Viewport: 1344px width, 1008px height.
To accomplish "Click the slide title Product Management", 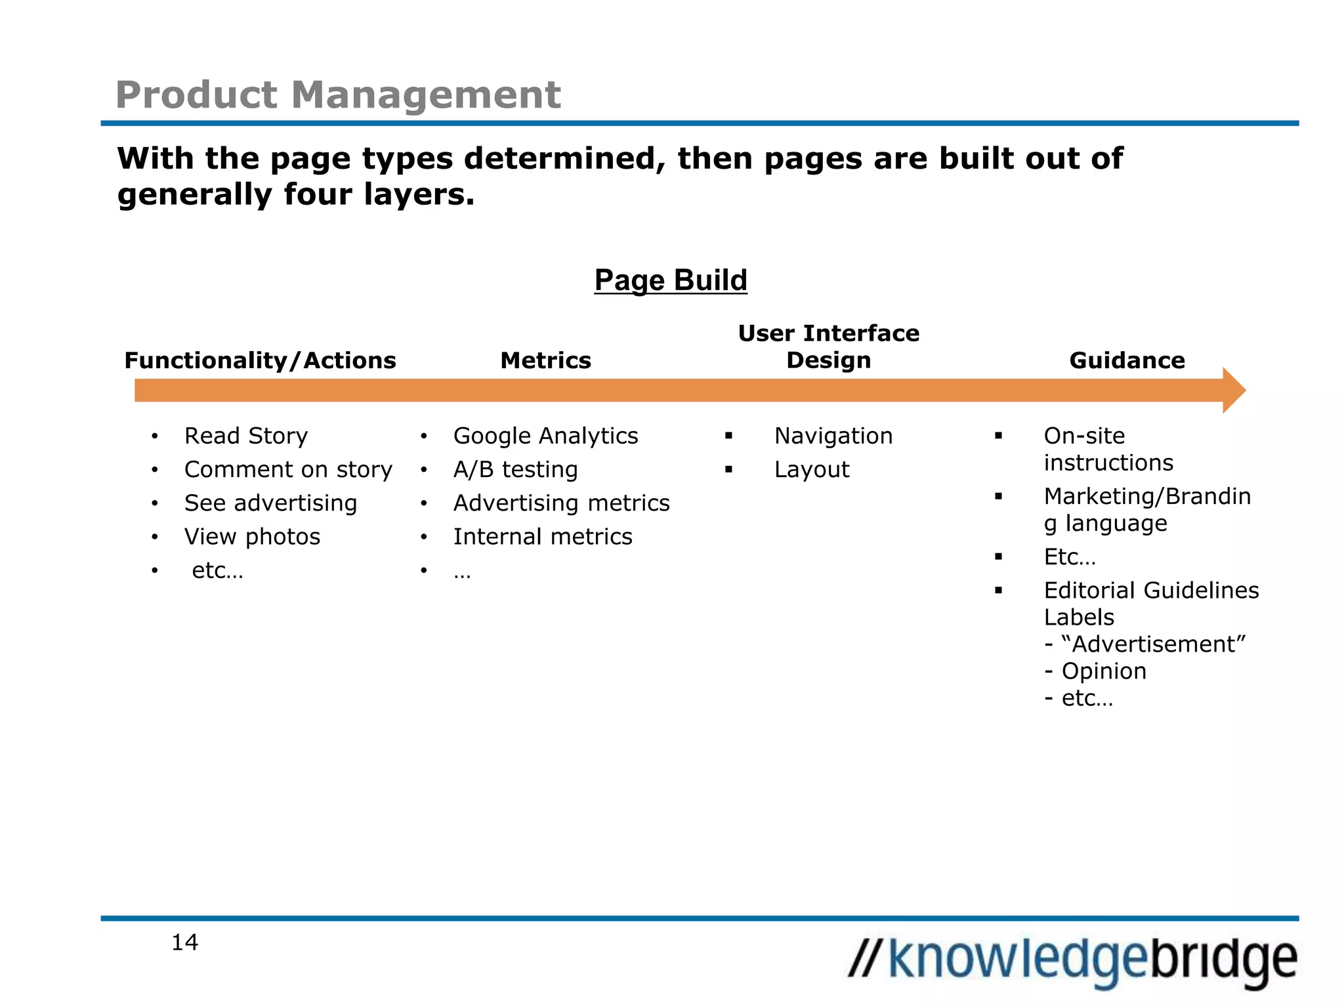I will (338, 94).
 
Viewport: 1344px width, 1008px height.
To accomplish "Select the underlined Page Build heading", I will (670, 280).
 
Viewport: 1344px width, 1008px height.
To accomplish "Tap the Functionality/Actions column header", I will (260, 360).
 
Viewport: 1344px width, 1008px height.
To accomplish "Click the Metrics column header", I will (545, 360).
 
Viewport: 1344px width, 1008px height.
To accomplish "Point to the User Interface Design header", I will (828, 346).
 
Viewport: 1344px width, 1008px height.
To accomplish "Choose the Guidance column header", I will (1127, 360).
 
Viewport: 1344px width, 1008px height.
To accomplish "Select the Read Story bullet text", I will (246, 436).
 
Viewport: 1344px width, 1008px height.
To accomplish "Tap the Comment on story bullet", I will (288, 469).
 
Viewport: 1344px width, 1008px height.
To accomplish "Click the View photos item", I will (252, 537).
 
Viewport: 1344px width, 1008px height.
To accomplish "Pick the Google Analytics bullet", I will (545, 436).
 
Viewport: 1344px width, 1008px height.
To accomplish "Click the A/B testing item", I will (515, 469).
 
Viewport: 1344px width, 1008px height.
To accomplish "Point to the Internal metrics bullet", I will (543, 537).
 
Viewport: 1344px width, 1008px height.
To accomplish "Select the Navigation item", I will (833, 436).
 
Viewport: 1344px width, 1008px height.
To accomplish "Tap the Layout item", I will (812, 469).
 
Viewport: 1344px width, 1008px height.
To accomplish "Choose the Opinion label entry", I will (1104, 671).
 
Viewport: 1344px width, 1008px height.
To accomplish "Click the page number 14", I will (184, 942).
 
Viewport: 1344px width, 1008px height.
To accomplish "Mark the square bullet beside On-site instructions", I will (998, 436).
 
